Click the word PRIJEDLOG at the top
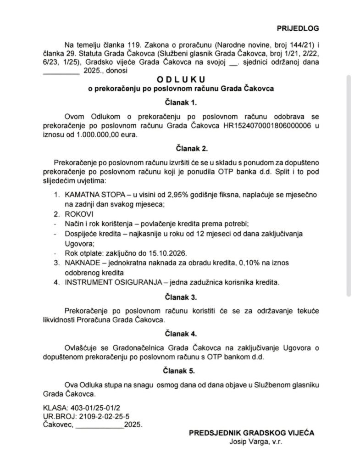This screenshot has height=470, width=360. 298,28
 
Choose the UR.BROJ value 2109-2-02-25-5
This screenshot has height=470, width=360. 102,416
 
